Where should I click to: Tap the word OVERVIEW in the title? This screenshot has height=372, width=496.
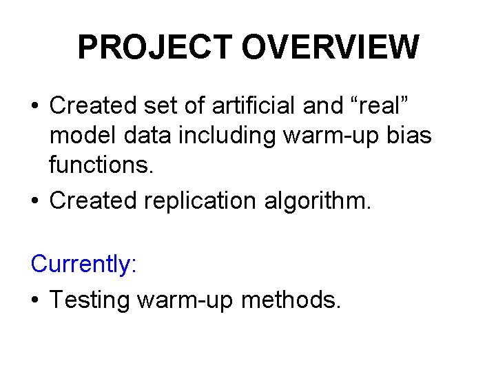tap(331, 48)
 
